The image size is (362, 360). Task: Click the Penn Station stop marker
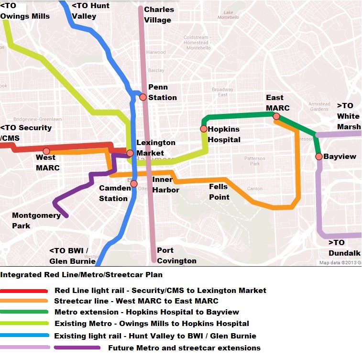(x=143, y=97)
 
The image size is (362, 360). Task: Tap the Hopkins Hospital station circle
(x=204, y=129)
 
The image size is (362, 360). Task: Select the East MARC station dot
(x=276, y=116)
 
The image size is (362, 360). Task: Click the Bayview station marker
(x=318, y=157)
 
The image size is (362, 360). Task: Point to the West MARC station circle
(x=46, y=151)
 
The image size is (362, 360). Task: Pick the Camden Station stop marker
(x=134, y=184)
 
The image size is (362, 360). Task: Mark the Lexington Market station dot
(x=130, y=153)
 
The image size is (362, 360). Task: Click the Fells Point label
(x=219, y=192)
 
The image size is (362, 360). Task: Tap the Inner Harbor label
(x=165, y=185)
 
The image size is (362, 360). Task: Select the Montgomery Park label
(x=36, y=220)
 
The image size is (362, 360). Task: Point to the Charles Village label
(x=159, y=14)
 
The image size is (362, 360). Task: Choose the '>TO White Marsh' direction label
(x=348, y=116)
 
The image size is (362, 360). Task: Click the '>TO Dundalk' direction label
(x=343, y=247)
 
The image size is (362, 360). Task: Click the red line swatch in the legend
(x=24, y=291)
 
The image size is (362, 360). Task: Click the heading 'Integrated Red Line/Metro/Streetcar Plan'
(x=81, y=275)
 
